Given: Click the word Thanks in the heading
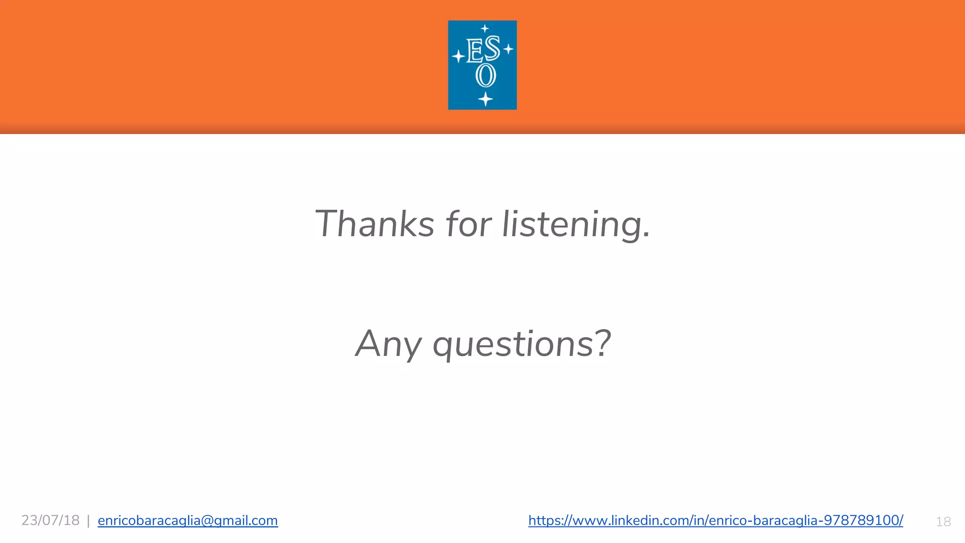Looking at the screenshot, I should point(374,224).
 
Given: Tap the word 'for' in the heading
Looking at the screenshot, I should point(468,224).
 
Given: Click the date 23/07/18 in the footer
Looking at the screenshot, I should point(50,520).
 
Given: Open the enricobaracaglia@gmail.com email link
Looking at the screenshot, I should point(188,520).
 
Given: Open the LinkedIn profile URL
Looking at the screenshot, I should point(715,520).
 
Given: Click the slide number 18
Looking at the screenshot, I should point(943,522).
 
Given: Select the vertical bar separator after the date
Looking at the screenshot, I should point(88,521).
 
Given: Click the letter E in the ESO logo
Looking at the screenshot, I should point(474,51).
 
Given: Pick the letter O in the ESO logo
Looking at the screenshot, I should point(486,75).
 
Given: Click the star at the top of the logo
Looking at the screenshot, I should point(485,28).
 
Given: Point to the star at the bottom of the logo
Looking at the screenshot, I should point(485,99).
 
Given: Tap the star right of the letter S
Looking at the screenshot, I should point(508,49).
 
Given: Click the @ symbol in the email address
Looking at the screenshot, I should point(207,520).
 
